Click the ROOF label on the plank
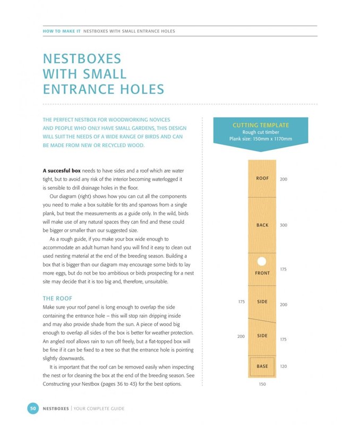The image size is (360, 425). point(262,178)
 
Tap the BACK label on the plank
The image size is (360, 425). point(262,225)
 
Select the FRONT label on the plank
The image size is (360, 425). point(262,273)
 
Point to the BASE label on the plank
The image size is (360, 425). point(262,366)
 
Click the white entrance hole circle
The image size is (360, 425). point(262,261)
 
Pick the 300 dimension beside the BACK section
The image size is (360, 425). point(284,225)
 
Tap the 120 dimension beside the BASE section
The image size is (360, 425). point(284,366)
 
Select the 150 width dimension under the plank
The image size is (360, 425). point(262,384)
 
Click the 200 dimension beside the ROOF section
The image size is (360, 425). point(284,179)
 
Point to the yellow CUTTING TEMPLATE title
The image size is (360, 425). point(261,125)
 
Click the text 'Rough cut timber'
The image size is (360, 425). point(261,132)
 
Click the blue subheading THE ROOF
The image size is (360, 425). point(57,299)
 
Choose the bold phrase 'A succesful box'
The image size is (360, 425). point(62,171)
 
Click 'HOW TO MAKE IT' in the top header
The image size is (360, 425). point(62,31)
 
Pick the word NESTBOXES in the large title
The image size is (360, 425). point(82,59)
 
